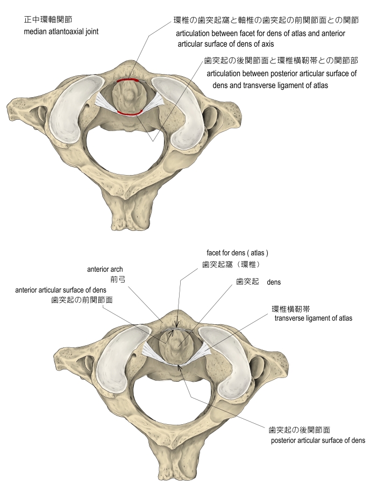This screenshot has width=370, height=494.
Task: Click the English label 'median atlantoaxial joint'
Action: point(61,32)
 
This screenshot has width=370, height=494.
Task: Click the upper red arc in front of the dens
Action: point(129,81)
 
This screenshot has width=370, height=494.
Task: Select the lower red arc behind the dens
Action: point(130,113)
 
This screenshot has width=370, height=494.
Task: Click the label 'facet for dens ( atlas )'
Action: point(237,252)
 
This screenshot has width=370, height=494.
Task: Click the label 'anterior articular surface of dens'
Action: point(65,290)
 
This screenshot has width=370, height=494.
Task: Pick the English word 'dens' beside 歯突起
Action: point(274,281)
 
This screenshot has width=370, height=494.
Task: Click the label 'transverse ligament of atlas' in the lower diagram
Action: point(313,318)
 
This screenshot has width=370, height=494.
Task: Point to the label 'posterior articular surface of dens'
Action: point(317,440)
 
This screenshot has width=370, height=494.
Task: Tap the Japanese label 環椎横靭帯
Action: point(290,309)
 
